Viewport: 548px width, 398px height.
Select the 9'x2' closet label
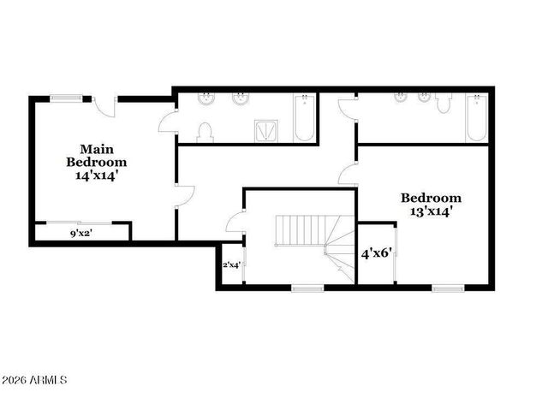82,233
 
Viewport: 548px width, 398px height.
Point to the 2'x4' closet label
232,265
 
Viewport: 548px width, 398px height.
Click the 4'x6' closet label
376,253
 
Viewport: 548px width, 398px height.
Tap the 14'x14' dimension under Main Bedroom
96,175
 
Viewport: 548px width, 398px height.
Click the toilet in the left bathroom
204,132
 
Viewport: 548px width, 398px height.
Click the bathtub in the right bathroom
476,120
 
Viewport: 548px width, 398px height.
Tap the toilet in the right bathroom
443,104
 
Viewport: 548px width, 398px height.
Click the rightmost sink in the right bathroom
423,97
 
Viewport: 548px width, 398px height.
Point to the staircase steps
301,229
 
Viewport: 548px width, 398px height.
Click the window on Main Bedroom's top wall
64,98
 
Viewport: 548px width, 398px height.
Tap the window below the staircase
306,288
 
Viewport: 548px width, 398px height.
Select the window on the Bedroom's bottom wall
446,288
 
